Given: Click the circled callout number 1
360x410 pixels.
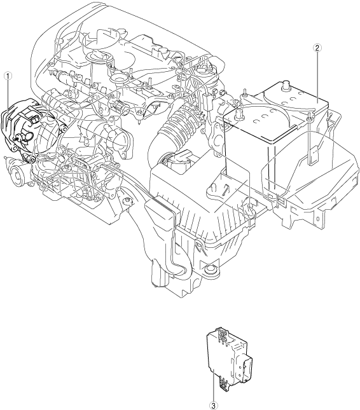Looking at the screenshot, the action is coord(8,76).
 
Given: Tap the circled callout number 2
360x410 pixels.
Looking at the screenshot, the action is coord(317,48).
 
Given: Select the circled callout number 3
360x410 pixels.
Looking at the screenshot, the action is coord(214,406).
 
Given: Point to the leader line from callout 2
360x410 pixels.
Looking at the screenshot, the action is coord(317,76).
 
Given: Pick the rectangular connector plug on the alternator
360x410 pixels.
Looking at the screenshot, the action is coord(34,120).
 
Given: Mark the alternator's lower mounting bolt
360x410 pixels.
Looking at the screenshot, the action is coord(32,160).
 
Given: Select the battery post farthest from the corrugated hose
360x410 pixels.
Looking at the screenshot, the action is coord(285,86).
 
